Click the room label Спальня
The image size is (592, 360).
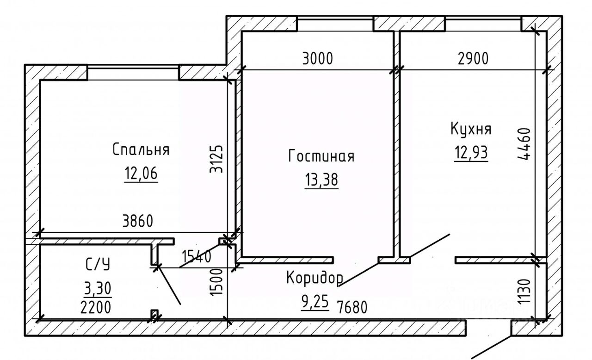pos(141,150)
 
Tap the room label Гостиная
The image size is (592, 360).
pos(321,156)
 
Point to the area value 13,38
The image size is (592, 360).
pos(321,180)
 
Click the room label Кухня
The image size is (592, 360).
pos(471,129)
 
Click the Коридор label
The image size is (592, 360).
pos(314,278)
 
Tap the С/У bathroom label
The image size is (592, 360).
pos(98,265)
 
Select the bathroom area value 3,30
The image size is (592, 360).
pos(98,289)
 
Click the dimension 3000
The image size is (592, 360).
pos(317,59)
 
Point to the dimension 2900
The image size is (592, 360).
pos(473,59)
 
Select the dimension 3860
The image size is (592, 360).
pos(136,222)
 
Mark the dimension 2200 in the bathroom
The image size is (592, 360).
pos(95,307)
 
